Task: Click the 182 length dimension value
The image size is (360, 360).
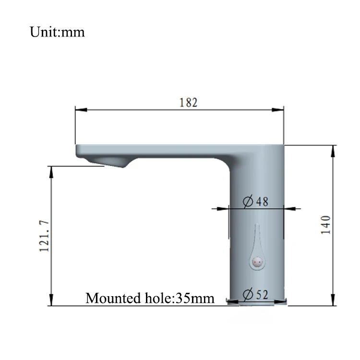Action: (189, 102)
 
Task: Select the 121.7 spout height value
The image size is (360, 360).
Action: (45, 236)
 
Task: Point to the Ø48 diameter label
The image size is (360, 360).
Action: (256, 202)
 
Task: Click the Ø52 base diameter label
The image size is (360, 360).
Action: (256, 294)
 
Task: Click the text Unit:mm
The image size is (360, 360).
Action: (57, 32)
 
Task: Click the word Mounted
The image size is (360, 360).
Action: (110, 298)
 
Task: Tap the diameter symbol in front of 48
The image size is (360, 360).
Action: (248, 202)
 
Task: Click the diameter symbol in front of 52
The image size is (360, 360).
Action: (248, 294)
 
